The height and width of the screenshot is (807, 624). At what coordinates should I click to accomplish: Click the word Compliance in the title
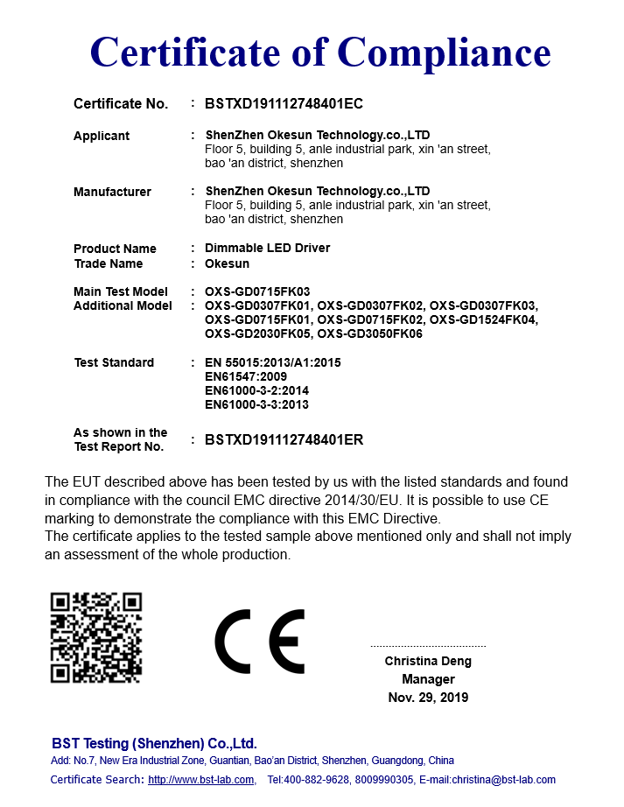click(x=444, y=53)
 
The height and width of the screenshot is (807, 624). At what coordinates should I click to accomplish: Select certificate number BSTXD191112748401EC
click(x=284, y=103)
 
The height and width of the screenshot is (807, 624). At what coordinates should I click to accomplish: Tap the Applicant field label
click(x=102, y=136)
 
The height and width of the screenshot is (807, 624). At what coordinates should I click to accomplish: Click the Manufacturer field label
click(x=112, y=192)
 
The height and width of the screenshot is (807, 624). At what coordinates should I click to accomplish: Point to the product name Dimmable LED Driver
click(x=267, y=248)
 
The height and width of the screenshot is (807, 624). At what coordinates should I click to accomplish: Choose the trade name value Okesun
click(x=227, y=263)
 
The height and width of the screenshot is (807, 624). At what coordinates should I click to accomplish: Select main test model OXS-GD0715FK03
click(x=257, y=291)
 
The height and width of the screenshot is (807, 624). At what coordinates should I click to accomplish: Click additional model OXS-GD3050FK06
click(x=370, y=333)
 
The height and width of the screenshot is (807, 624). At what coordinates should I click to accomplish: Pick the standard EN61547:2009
click(x=245, y=376)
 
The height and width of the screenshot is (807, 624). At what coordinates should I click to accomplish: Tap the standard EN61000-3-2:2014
click(x=256, y=390)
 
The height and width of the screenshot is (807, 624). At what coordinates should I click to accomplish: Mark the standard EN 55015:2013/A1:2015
click(x=272, y=362)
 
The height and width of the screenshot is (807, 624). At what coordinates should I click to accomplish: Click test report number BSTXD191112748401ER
click(x=284, y=439)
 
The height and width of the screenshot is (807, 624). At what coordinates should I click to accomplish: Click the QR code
click(x=96, y=637)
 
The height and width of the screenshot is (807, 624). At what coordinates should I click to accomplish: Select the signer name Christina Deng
click(x=428, y=661)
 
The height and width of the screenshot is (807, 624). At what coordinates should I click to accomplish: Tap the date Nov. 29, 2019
click(x=428, y=698)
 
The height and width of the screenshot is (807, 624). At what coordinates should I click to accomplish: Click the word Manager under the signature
click(x=428, y=679)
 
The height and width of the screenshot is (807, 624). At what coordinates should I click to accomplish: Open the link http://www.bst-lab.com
click(x=200, y=779)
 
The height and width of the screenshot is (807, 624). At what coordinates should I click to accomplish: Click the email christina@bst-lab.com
click(x=505, y=779)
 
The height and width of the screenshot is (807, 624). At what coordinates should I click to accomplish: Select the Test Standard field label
click(x=114, y=362)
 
